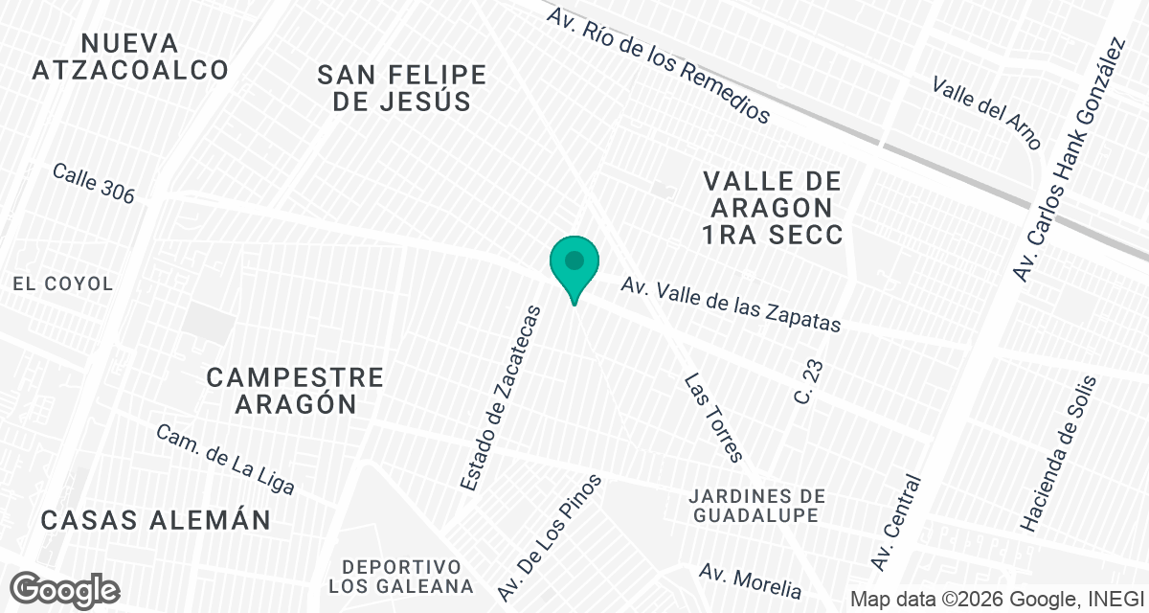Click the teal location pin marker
click(x=574, y=263)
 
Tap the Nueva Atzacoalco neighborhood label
click(x=130, y=57)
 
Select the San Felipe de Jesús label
click(x=402, y=88)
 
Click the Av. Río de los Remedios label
click(x=658, y=64)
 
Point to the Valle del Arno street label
click(x=986, y=112)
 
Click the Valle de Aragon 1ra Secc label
click(x=772, y=208)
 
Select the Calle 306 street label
click(x=94, y=183)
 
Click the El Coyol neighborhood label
click(x=63, y=284)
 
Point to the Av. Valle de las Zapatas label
click(x=731, y=305)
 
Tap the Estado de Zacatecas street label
click(x=501, y=398)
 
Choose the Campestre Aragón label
click(x=295, y=390)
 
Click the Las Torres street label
click(x=713, y=418)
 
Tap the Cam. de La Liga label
click(x=225, y=460)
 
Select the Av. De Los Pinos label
click(x=550, y=535)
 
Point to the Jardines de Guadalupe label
click(x=756, y=505)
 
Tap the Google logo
click(x=66, y=589)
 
